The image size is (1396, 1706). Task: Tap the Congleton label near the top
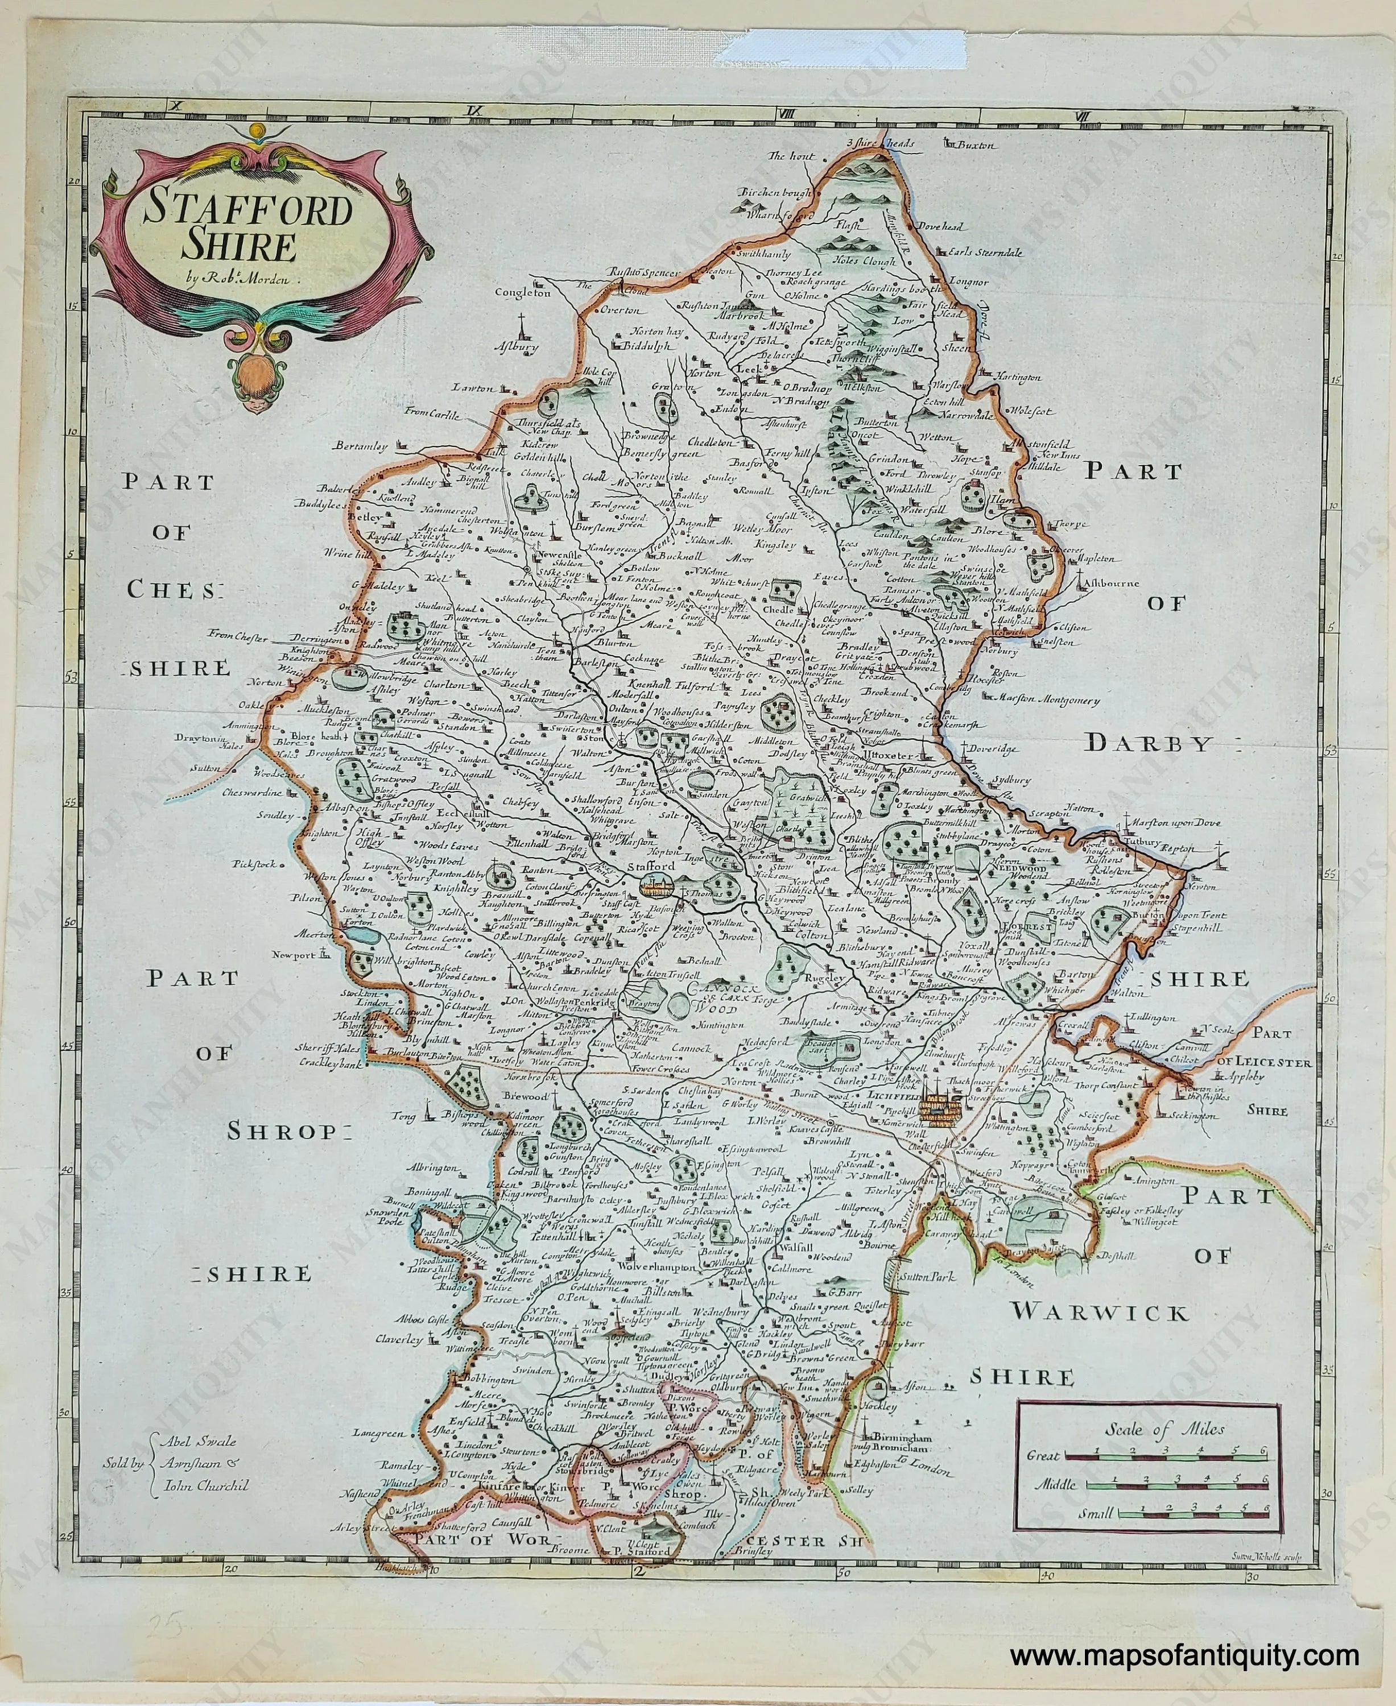click(x=523, y=293)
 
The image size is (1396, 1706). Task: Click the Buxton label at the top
click(x=976, y=146)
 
